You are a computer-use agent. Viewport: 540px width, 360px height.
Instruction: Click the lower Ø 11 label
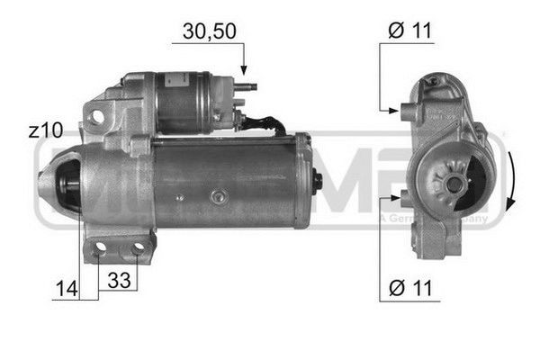[x=410, y=289]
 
